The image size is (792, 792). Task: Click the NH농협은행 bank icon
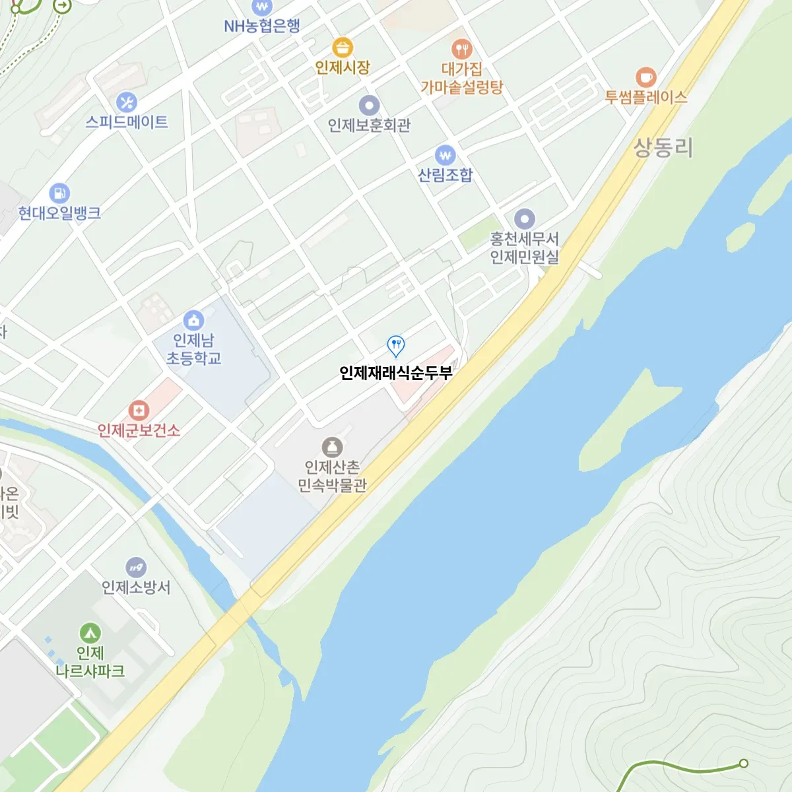point(262,7)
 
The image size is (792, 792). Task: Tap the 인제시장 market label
point(342,67)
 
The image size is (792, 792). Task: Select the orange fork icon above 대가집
point(461,49)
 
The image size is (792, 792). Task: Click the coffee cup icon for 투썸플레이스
point(645,77)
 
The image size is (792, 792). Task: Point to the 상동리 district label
point(663,147)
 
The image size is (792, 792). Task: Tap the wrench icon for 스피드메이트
point(126,102)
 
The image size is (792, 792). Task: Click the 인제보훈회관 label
point(369,125)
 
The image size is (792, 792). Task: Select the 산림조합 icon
point(445,156)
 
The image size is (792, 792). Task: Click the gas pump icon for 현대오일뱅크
point(59,193)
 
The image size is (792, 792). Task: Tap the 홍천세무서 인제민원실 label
point(524,247)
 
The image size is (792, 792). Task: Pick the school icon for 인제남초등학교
point(193,321)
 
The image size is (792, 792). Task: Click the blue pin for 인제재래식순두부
point(395,345)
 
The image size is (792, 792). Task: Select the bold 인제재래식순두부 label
point(395,373)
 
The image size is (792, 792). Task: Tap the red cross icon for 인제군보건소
point(138,411)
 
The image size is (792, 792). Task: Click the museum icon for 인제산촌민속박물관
point(332,447)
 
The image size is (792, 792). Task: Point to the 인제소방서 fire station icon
point(136,567)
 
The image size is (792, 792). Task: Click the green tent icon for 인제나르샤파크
point(90,633)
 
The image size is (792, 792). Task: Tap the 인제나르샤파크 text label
point(90,662)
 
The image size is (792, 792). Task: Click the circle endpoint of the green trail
point(743,764)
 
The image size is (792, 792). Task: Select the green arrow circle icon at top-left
point(62,6)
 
